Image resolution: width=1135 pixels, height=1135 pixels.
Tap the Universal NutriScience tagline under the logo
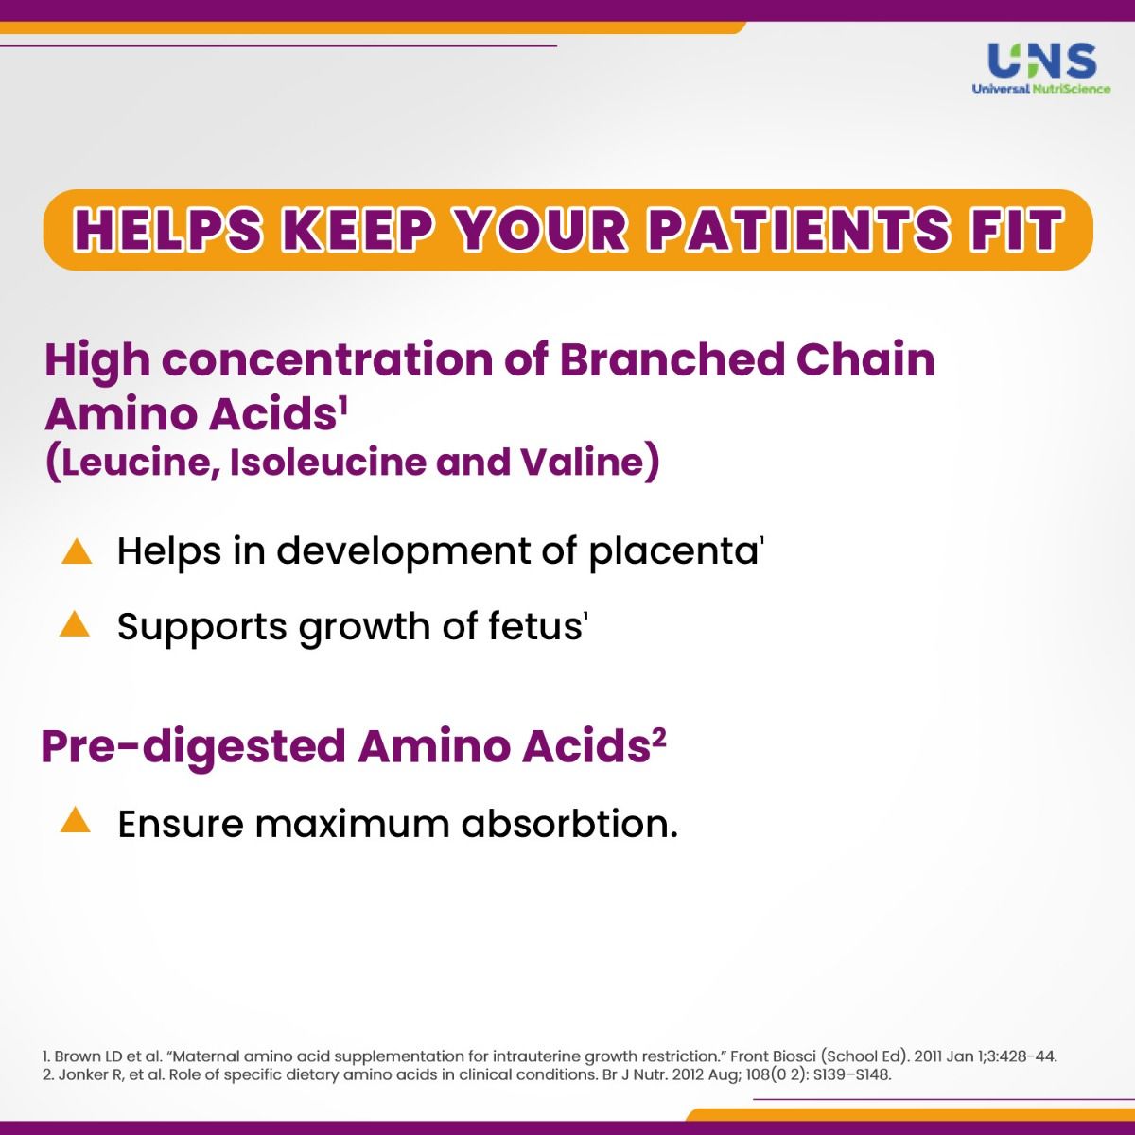[x=1041, y=89]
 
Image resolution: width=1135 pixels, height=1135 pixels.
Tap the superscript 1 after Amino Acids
[x=342, y=406]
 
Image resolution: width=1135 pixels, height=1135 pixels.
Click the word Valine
[x=579, y=463]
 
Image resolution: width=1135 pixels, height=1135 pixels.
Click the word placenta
[x=672, y=551]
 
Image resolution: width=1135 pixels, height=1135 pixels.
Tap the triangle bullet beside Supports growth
[x=76, y=625]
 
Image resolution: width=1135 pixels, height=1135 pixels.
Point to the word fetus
[x=533, y=626]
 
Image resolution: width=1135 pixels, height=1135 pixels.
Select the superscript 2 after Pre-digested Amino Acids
[x=659, y=738]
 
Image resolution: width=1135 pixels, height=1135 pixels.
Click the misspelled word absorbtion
[x=568, y=824]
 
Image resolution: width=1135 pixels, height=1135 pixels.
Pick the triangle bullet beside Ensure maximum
[x=76, y=821]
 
